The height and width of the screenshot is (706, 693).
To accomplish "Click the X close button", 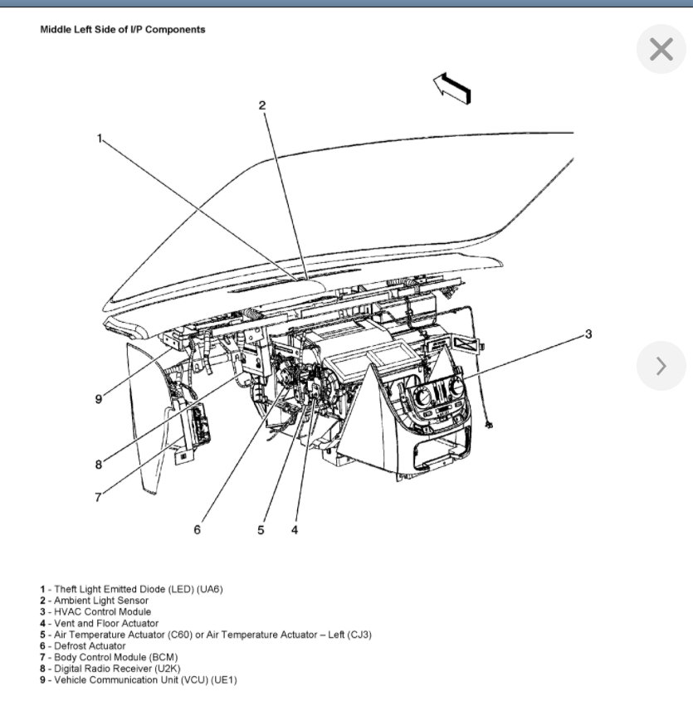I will (661, 50).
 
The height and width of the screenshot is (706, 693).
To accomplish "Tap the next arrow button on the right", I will (661, 366).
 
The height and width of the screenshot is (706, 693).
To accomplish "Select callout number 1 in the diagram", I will (100, 139).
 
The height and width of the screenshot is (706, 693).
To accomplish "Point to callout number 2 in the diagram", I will (261, 105).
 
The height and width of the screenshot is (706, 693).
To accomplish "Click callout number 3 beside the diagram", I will (588, 334).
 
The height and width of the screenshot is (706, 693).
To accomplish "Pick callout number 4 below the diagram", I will (294, 529).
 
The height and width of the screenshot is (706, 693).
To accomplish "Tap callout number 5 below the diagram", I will (261, 529).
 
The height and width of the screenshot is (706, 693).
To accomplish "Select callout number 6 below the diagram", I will (197, 529).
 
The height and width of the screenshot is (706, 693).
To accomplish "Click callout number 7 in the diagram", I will (98, 497).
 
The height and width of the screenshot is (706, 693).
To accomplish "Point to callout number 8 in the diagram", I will (98, 465).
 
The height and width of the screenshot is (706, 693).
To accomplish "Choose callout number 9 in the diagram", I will (98, 399).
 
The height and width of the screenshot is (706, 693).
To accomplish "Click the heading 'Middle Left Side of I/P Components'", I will (123, 29).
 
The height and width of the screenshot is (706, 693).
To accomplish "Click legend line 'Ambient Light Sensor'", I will (101, 600).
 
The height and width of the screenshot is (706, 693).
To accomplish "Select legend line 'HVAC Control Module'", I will (102, 611).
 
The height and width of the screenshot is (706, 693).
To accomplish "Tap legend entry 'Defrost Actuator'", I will (90, 645).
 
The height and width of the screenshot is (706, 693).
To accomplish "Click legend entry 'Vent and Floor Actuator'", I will (106, 623).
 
